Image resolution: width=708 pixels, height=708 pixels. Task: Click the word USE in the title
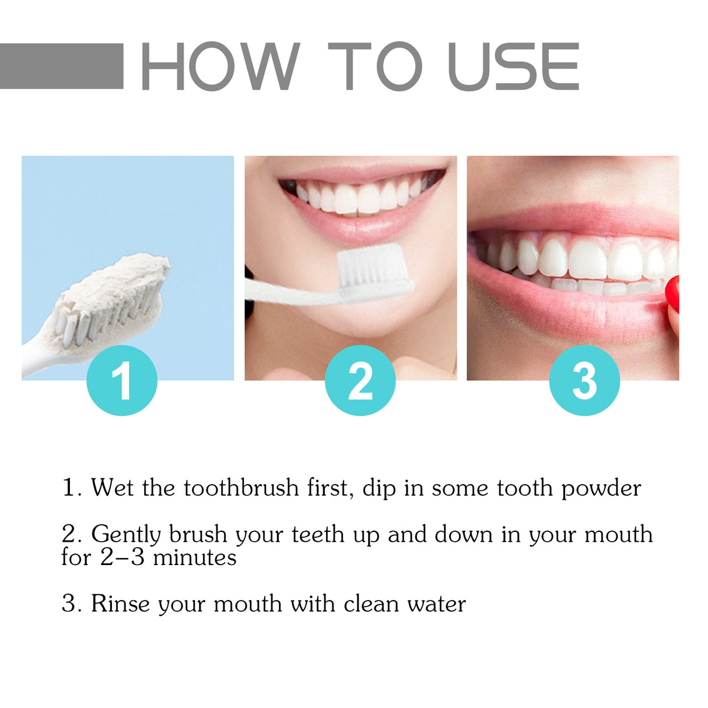(x=514, y=66)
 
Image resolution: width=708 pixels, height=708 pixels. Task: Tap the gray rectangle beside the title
(x=61, y=66)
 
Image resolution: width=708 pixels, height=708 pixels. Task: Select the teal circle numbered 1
(x=122, y=380)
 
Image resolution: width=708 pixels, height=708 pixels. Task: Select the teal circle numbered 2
(x=360, y=380)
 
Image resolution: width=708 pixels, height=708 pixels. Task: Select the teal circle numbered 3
(x=584, y=380)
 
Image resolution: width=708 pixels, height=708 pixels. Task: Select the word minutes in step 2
(x=195, y=558)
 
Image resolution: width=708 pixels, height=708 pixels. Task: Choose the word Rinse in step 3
(x=120, y=604)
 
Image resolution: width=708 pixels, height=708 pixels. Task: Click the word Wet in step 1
(x=112, y=488)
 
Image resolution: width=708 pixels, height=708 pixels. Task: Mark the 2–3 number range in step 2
(x=122, y=558)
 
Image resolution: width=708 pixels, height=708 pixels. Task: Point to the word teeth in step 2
(x=318, y=534)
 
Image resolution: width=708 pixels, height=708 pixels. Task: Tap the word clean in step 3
(x=371, y=604)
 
